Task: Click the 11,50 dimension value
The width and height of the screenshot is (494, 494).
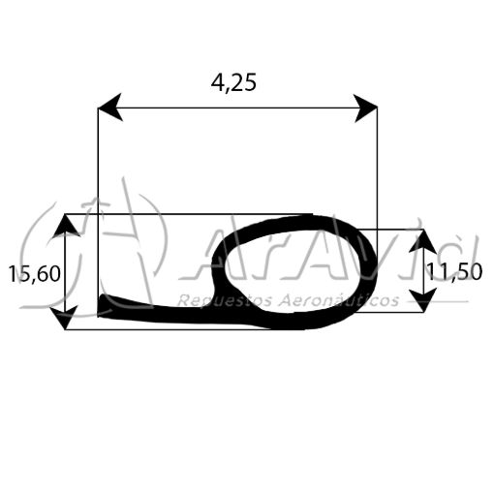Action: tap(455, 272)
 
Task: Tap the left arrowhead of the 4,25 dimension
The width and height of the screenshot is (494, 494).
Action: tap(109, 108)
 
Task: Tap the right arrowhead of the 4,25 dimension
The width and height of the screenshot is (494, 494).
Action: tap(366, 108)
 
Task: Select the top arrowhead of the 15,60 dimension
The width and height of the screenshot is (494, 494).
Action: tap(66, 226)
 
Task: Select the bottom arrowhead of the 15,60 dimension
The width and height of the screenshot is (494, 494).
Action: tap(66, 318)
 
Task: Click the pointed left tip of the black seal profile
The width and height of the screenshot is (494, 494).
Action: tap(102, 308)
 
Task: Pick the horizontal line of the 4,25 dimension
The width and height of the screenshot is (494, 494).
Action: tap(237, 108)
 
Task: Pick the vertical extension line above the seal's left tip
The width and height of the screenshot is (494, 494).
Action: tap(99, 194)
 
